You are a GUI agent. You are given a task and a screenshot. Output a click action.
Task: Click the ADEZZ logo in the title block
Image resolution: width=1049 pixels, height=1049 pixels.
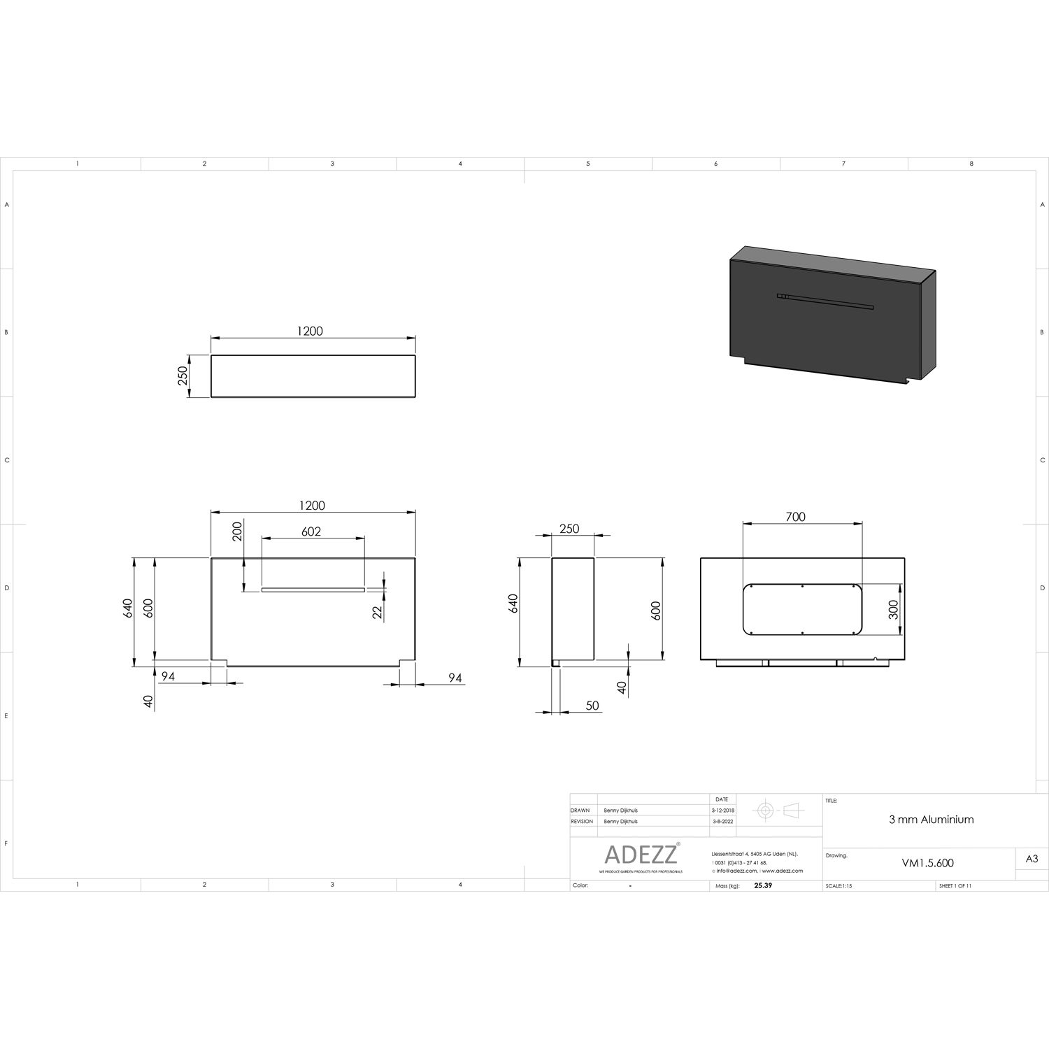tap(641, 855)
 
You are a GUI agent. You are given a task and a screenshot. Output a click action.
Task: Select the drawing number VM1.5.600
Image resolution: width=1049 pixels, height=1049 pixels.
tap(927, 863)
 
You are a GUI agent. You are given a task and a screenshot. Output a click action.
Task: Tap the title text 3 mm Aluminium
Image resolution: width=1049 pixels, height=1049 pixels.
tap(931, 820)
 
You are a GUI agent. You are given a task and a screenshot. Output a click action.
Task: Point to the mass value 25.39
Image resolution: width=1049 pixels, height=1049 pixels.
tap(762, 885)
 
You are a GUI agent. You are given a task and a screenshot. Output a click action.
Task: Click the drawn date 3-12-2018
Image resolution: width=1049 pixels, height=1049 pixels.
tap(722, 811)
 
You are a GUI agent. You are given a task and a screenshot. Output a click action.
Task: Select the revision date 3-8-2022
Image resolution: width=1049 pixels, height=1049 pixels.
tap(722, 822)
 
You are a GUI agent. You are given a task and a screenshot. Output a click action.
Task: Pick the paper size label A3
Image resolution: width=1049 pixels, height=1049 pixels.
tap(1032, 859)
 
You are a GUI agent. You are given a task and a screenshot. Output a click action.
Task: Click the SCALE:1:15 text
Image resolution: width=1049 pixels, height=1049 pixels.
tap(839, 886)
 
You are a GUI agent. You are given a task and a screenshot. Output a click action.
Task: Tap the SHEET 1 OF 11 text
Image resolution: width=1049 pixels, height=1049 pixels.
tap(955, 886)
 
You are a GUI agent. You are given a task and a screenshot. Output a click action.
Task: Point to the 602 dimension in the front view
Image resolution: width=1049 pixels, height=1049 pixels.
tap(311, 531)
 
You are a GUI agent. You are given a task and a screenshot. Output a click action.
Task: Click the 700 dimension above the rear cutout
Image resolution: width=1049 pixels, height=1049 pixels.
tap(795, 517)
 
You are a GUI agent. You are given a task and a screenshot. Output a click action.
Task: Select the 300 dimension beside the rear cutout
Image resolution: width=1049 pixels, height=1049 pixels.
tap(892, 610)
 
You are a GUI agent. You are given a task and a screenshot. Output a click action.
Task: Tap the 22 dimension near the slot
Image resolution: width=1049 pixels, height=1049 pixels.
tap(378, 611)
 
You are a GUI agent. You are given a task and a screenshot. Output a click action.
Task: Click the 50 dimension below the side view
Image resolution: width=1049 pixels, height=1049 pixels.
tap(592, 706)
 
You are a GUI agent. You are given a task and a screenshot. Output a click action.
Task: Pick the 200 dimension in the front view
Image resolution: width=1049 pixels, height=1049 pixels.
tap(237, 531)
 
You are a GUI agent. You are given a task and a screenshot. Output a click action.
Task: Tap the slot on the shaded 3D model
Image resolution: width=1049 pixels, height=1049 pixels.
tap(825, 301)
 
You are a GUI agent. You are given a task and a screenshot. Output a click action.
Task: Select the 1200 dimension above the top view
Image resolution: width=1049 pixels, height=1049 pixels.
tap(310, 331)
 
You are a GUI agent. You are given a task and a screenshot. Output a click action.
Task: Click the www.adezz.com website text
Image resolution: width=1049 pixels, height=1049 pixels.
tap(783, 871)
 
